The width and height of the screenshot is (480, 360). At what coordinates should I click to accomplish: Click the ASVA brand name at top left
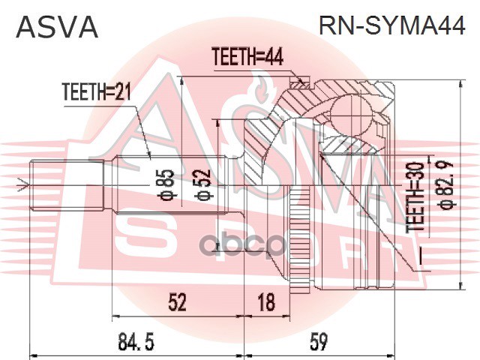(57, 27)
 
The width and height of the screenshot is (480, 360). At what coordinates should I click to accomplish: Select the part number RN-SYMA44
(391, 25)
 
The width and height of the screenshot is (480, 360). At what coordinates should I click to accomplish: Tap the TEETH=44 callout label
(247, 57)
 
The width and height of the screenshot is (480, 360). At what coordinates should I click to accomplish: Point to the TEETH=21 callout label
(97, 91)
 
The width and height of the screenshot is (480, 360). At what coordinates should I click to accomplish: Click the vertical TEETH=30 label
(415, 197)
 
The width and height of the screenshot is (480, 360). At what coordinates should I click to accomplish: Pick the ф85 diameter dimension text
(167, 185)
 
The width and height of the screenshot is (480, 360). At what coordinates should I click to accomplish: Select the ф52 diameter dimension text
(204, 185)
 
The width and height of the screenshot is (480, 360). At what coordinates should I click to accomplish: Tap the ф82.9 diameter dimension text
(447, 186)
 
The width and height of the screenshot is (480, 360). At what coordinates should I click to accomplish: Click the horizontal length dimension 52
(177, 301)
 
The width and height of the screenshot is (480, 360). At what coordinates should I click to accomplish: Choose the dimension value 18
(266, 301)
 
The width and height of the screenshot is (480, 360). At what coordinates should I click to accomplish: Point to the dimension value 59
(318, 341)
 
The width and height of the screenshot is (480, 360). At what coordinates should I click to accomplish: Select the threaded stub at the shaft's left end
(67, 185)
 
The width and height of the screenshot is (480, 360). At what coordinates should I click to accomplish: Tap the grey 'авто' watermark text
(241, 244)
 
